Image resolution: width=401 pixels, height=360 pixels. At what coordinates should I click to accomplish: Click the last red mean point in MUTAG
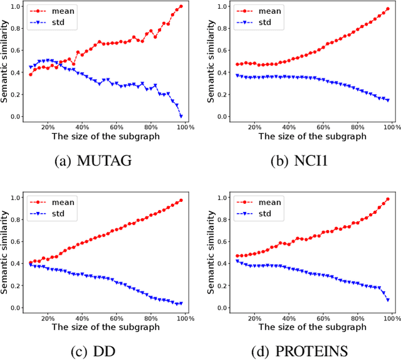click(181, 6)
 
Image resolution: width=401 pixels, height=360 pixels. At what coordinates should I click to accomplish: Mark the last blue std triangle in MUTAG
click(181, 116)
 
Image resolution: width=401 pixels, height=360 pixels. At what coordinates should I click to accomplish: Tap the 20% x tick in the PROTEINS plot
click(253, 319)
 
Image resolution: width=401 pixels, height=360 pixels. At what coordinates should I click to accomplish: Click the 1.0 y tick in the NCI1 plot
click(222, 6)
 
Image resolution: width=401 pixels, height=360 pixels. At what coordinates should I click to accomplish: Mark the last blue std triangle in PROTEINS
click(388, 300)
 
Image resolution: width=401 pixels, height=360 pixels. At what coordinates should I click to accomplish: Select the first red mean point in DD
click(31, 263)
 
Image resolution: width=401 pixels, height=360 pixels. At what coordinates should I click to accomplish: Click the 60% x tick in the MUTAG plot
click(116, 127)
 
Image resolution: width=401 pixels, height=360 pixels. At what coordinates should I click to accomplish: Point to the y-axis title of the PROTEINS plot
click(212, 253)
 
